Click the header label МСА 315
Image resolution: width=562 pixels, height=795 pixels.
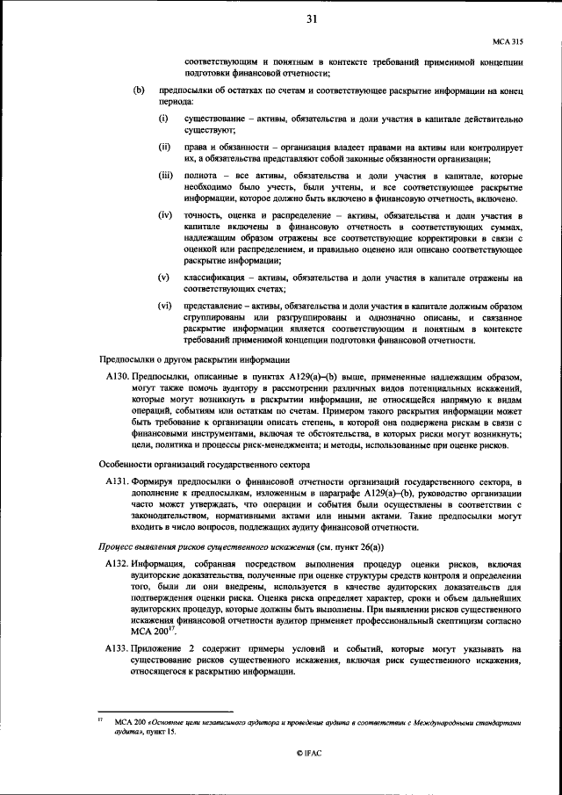click(508, 42)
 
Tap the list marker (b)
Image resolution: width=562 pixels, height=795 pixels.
click(138, 90)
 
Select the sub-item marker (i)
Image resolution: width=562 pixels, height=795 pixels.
click(163, 118)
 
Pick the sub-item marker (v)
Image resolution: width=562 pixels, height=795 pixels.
click(164, 278)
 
